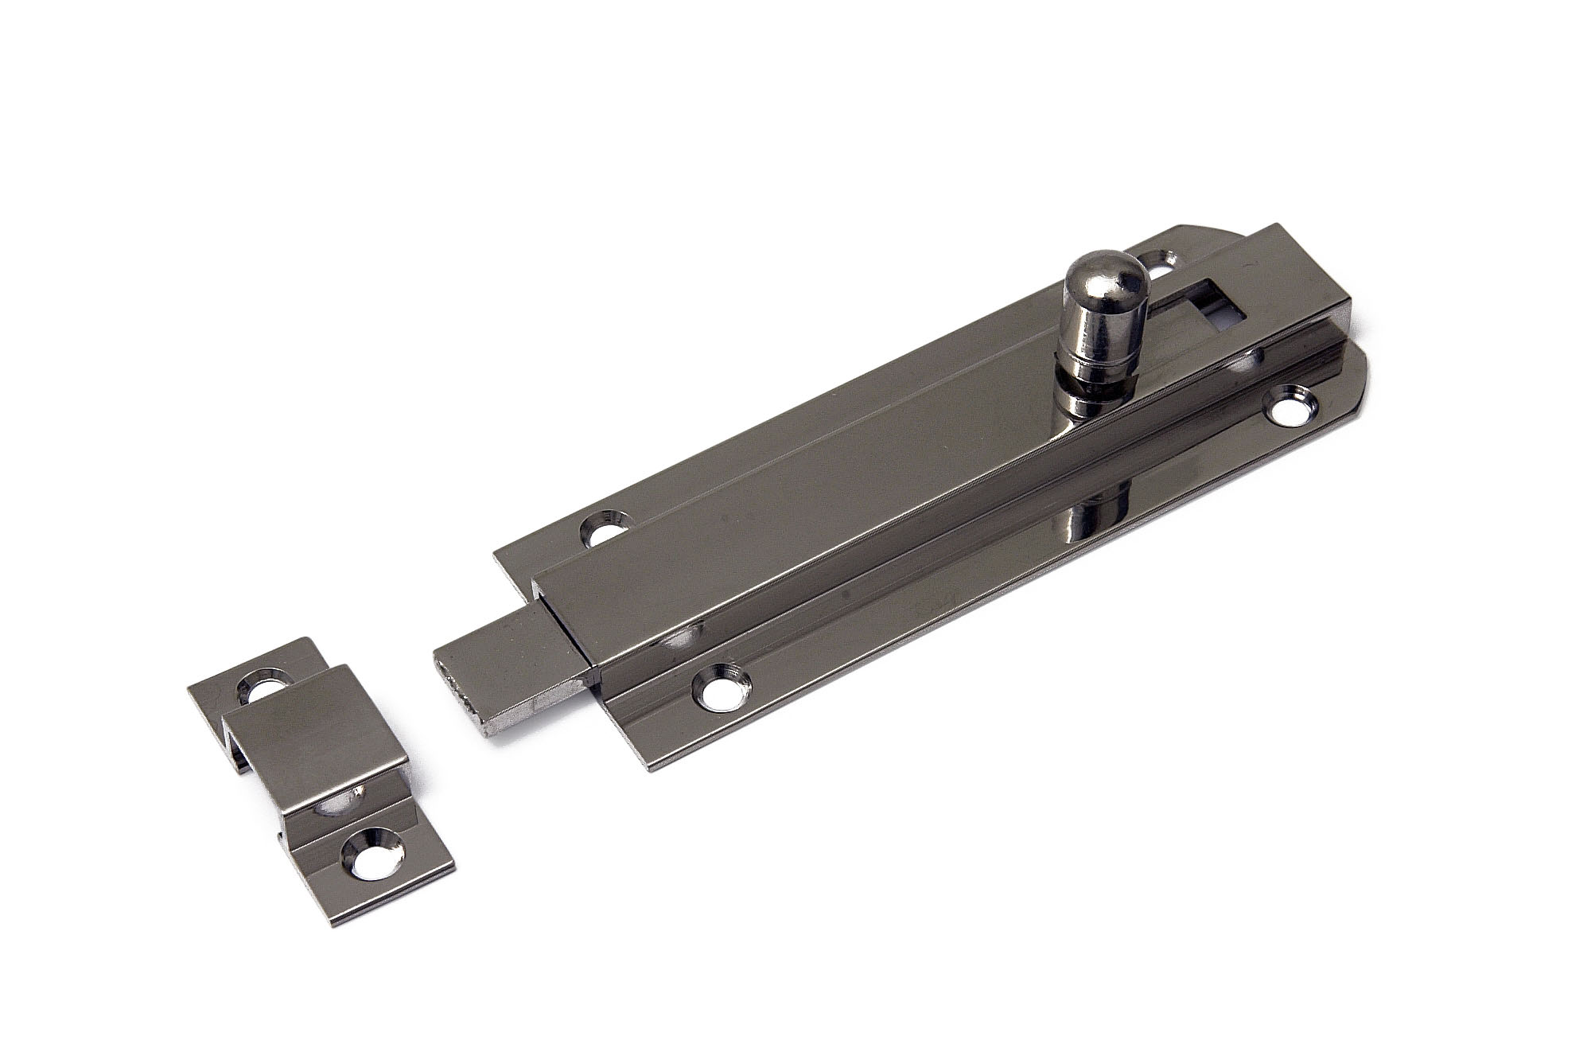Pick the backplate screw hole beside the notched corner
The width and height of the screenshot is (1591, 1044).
coord(604,527)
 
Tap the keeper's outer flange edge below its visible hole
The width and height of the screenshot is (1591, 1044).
coord(398,900)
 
